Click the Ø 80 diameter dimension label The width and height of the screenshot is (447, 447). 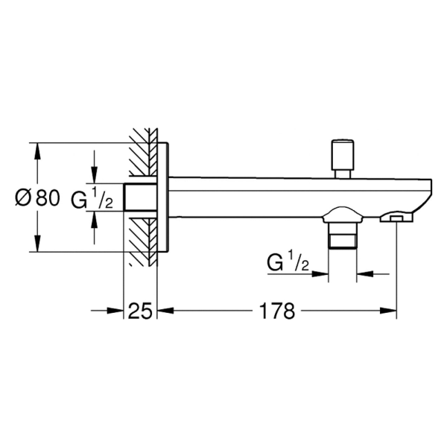(x=38, y=197)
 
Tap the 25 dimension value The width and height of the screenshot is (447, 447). (x=140, y=311)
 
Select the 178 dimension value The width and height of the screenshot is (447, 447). (x=277, y=311)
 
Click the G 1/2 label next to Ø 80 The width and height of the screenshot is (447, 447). (x=92, y=197)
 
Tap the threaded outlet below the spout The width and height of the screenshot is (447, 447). (x=343, y=235)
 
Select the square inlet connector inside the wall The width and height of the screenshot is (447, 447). (x=140, y=197)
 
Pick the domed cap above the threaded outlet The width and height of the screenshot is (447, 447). (x=343, y=215)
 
